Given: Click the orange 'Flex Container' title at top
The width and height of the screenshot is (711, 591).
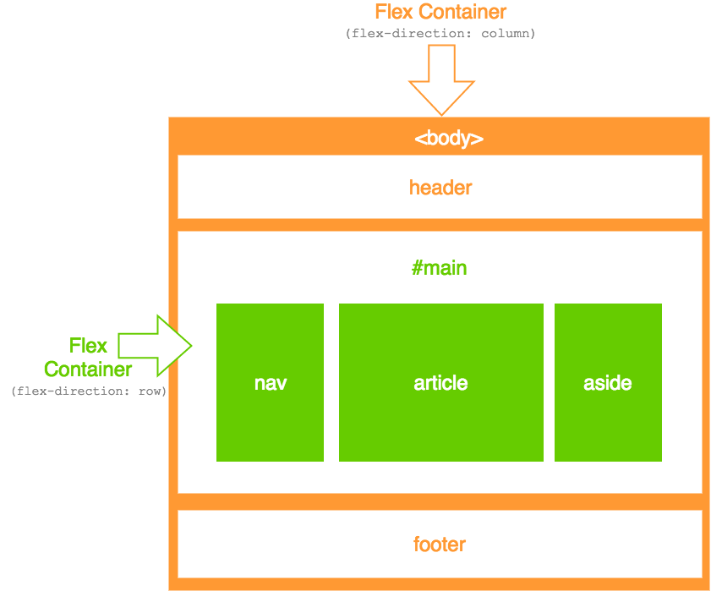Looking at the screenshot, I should tap(440, 12).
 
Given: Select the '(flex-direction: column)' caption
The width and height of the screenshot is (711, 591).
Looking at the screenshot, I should tap(440, 34).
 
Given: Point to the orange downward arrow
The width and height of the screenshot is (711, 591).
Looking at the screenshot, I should tap(441, 80).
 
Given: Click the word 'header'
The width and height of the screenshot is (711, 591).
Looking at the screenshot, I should tap(440, 187).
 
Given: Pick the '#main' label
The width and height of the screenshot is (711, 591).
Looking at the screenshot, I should tap(440, 269).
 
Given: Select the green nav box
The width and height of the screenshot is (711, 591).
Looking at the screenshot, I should tap(270, 338).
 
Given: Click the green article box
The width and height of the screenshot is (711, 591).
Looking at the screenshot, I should tap(440, 338).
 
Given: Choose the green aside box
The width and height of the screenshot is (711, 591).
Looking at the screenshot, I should tap(608, 338).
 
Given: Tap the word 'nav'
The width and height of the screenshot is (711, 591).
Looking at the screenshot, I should tap(271, 383).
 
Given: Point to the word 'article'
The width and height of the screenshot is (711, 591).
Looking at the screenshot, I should tap(440, 383).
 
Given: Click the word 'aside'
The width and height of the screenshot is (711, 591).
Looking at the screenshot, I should tap(608, 383).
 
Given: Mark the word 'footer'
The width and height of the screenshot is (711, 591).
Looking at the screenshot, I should tap(440, 544).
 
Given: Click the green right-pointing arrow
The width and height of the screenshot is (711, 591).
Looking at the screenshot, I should tap(156, 345).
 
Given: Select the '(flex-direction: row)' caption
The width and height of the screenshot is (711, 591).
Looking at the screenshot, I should tap(89, 392).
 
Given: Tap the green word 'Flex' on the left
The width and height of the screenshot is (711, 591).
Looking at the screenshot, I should tap(88, 346).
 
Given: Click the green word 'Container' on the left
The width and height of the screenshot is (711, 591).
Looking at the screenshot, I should tap(88, 369).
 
